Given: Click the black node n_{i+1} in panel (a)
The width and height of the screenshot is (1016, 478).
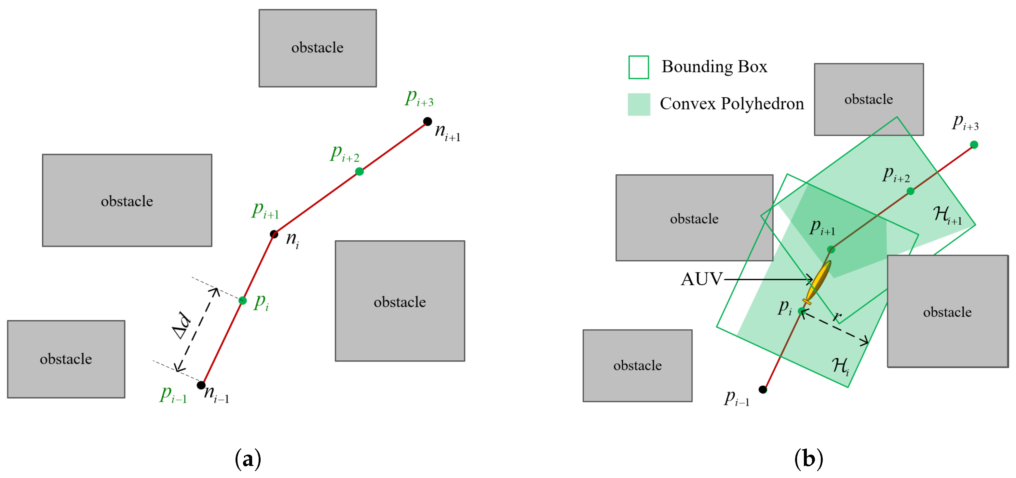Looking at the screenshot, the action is point(427,121).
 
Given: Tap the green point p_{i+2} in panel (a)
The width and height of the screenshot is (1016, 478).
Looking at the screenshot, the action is point(359,171).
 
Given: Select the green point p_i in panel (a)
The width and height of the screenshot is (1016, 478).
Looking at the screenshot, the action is point(243,301).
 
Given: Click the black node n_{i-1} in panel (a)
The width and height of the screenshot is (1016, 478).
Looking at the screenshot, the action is point(201,385).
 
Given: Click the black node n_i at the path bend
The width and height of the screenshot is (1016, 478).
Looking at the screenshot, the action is point(274,234).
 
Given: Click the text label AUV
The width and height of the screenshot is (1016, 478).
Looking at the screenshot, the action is point(701,279).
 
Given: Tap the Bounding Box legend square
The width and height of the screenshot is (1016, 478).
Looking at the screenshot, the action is point(638,67).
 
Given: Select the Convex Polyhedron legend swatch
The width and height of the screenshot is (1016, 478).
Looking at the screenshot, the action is point(639,104).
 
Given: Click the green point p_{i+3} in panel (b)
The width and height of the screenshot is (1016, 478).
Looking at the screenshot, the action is point(974,145).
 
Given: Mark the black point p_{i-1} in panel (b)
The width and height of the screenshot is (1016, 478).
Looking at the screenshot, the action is point(763,389).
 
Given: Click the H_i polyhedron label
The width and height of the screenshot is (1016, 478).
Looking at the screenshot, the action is point(840,366).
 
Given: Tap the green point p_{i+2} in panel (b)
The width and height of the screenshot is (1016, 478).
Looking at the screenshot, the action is point(910,191).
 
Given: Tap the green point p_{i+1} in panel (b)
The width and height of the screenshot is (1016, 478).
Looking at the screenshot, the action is point(831,249).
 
